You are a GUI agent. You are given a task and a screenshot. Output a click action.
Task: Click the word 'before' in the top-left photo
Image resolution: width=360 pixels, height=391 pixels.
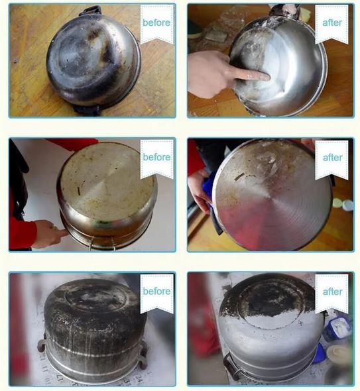tap(156, 23)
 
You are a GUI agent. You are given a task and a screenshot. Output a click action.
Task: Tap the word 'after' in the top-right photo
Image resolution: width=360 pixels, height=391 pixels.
tap(332, 23)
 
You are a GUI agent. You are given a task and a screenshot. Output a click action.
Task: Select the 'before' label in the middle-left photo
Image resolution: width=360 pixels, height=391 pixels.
tap(156, 157)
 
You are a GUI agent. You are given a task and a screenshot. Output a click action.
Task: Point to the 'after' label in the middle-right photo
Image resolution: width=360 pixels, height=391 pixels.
tap(332, 158)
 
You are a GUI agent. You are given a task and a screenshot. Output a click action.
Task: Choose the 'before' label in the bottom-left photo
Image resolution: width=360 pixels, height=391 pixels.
tap(156, 291)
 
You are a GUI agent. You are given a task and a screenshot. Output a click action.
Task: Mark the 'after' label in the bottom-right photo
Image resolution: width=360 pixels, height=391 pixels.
tap(332, 292)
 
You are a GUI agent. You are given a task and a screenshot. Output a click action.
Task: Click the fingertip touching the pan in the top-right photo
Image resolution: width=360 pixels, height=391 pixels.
tap(266, 76)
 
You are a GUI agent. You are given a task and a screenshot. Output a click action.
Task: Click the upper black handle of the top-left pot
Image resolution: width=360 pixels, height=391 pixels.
tap(91, 11)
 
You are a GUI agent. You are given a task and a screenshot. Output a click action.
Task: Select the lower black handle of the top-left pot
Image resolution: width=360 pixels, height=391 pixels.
tap(86, 111)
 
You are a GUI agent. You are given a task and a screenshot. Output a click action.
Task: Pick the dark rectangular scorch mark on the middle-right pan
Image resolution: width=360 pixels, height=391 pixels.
tap(240, 176)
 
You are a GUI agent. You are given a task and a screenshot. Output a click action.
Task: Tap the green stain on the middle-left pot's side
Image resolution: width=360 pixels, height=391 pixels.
tap(101, 223)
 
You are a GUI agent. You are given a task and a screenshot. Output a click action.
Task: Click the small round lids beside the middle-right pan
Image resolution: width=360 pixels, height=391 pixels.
tap(343, 205)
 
